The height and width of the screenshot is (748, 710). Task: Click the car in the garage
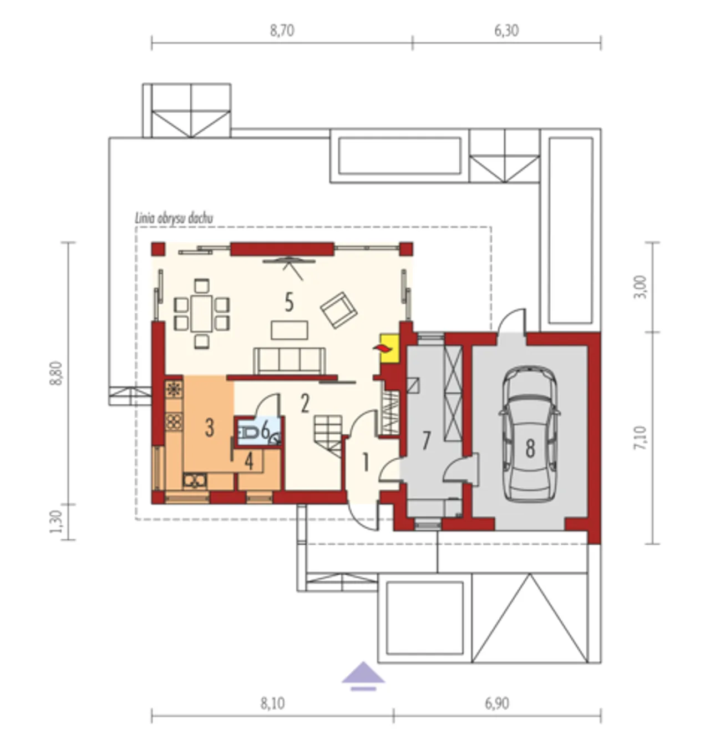pyautogui.click(x=530, y=433)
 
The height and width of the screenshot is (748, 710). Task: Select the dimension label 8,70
pyautogui.click(x=282, y=31)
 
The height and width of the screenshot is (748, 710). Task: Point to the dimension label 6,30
pyautogui.click(x=506, y=31)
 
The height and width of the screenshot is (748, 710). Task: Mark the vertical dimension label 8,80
pyautogui.click(x=56, y=373)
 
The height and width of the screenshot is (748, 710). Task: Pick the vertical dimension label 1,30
pyautogui.click(x=56, y=521)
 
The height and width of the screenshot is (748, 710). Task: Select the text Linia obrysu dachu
pyautogui.click(x=174, y=218)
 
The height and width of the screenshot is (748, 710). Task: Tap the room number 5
pyautogui.click(x=289, y=303)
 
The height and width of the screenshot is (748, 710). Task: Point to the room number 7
pyautogui.click(x=426, y=441)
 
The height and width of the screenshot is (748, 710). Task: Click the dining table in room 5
pyautogui.click(x=201, y=313)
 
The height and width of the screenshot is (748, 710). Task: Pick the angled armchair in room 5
pyautogui.click(x=338, y=310)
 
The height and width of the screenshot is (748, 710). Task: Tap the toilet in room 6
pyautogui.click(x=248, y=432)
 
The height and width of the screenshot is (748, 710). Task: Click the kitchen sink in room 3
pyautogui.click(x=195, y=480)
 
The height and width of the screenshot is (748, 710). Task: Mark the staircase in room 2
pyautogui.click(x=328, y=435)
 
